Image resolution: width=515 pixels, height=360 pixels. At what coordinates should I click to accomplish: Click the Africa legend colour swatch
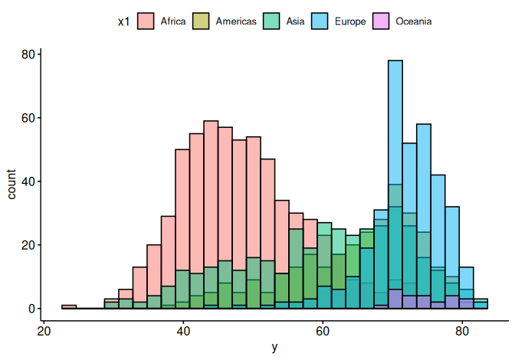[x=146, y=21]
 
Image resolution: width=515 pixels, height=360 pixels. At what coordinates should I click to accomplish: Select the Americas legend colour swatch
[x=202, y=21]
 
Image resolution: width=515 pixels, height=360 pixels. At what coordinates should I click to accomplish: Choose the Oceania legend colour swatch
[x=382, y=21]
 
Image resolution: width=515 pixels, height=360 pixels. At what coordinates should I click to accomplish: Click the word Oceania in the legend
[x=414, y=21]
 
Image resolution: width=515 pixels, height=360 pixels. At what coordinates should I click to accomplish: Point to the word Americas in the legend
[x=236, y=21]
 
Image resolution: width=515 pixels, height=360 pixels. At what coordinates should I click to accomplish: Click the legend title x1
[x=123, y=21]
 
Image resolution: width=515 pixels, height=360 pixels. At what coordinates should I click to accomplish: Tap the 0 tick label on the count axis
[x=33, y=308]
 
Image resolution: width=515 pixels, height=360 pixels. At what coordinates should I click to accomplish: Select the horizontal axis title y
[x=274, y=348]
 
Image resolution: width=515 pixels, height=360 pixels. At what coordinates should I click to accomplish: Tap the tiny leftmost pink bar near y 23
[x=69, y=306]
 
